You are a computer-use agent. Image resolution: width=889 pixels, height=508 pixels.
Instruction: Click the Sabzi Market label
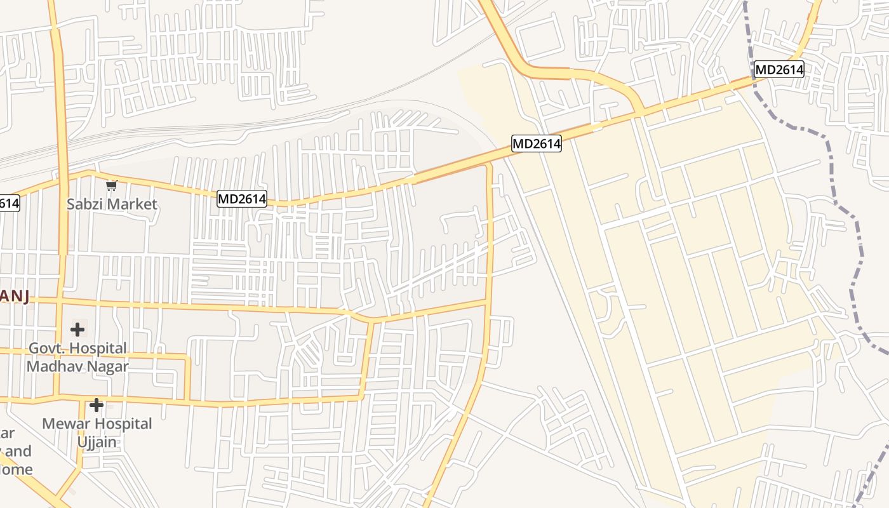click(112, 204)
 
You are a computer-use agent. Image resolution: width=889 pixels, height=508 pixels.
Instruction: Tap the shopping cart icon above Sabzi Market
click(112, 186)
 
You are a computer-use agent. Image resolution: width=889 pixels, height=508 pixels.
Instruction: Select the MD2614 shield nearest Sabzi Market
click(242, 199)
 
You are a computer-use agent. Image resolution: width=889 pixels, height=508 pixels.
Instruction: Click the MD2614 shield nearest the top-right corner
click(779, 69)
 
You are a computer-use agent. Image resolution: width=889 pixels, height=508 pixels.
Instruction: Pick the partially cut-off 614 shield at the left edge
click(9, 203)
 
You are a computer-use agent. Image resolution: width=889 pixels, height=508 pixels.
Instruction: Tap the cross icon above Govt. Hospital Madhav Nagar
click(77, 330)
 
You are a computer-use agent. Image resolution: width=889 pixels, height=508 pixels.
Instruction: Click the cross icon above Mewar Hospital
click(97, 404)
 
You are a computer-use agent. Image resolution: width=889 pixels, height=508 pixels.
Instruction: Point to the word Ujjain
click(97, 441)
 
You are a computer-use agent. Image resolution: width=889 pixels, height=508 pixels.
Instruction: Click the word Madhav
click(54, 366)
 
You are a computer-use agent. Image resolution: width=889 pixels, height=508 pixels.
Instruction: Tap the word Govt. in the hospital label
click(47, 349)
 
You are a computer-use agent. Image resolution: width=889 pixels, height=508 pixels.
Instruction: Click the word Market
click(132, 204)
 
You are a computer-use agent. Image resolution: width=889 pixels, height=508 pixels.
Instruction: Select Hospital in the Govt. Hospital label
click(98, 349)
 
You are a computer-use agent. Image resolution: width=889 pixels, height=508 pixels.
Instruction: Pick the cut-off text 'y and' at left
click(16, 451)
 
